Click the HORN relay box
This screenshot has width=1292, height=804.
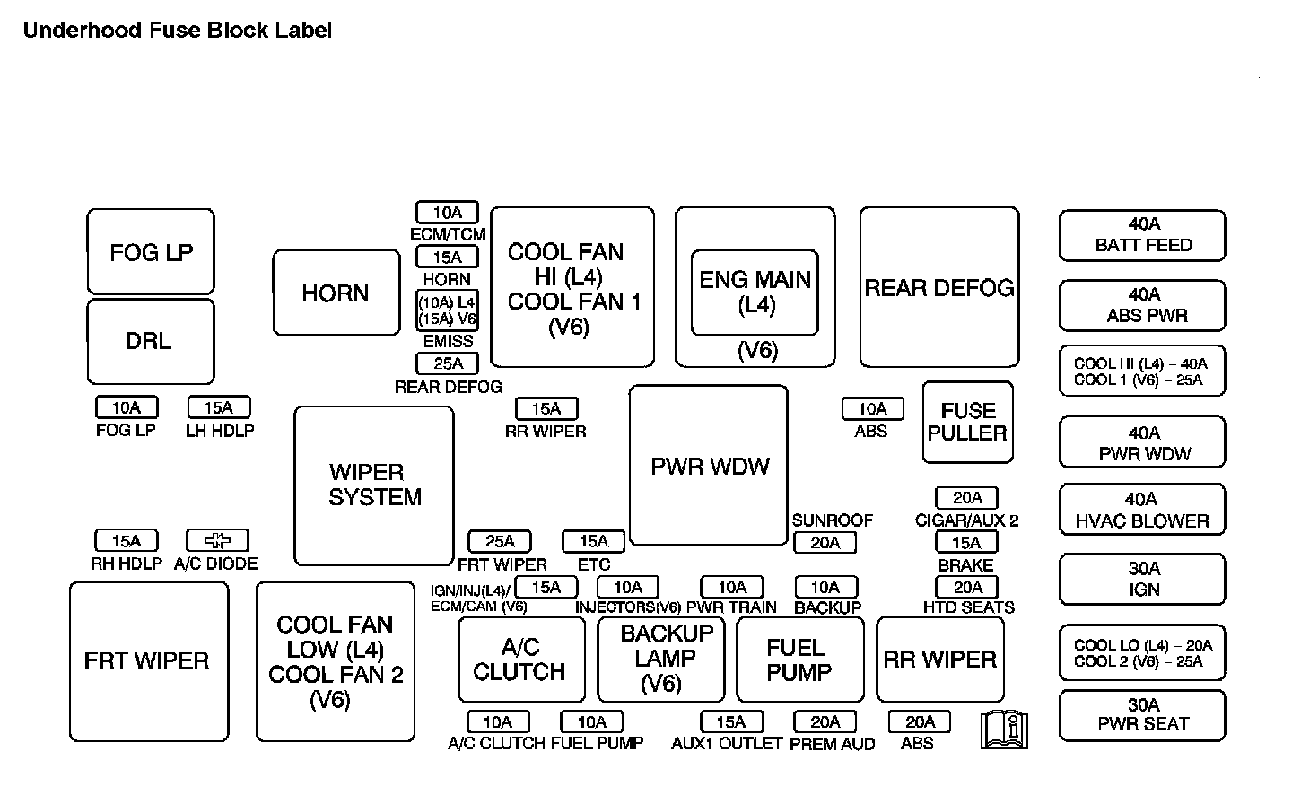(336, 293)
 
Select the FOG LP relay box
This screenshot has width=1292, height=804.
(151, 251)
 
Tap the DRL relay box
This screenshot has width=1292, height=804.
(151, 342)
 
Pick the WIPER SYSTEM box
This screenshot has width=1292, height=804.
(373, 485)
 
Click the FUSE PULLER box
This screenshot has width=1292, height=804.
(967, 422)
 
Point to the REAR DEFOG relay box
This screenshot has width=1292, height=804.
(938, 287)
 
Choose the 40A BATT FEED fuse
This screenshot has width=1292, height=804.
(1142, 235)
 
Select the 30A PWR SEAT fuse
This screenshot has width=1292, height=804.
(1142, 714)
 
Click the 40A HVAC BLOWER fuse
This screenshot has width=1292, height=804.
(1142, 510)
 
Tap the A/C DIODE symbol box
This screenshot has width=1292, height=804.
(217, 540)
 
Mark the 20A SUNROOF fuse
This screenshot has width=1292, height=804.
(825, 542)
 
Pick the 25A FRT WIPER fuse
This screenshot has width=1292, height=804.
(500, 541)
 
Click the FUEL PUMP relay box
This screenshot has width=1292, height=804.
(799, 660)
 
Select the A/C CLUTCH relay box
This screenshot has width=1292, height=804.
(520, 660)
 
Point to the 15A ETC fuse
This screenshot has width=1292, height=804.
(593, 541)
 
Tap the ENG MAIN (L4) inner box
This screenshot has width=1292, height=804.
(755, 293)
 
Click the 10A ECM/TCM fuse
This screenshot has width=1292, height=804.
(447, 213)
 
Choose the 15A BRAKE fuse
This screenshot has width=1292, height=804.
(966, 542)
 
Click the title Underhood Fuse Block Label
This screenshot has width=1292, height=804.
(178, 31)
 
